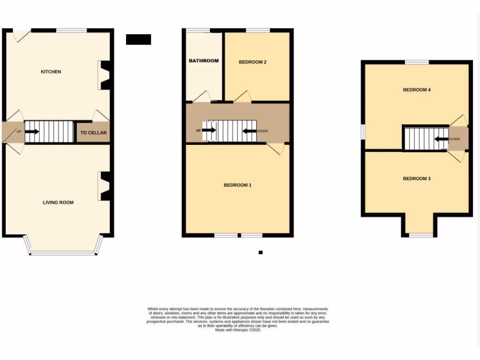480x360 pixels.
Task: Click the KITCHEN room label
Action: (x=51, y=72)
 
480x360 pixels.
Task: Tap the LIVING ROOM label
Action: (x=58, y=202)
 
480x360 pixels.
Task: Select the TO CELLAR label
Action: (x=93, y=133)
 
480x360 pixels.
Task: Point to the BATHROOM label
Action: (x=204, y=60)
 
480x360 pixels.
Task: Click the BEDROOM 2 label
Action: (x=253, y=62)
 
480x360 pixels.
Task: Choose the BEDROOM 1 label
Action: (x=238, y=185)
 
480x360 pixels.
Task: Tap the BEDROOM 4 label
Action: (x=417, y=90)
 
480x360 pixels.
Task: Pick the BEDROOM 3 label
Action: (x=417, y=179)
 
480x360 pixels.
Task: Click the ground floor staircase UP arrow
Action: (x=32, y=132)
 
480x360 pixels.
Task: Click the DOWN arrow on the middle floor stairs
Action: (x=249, y=131)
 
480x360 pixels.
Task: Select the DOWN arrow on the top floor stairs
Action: (x=441, y=139)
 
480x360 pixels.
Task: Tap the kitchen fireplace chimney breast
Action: (x=104, y=75)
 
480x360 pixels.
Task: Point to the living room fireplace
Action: (x=104, y=186)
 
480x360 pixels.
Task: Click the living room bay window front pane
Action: (x=63, y=254)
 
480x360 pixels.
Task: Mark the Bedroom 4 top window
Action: (x=417, y=62)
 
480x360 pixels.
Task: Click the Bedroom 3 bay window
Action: (x=420, y=234)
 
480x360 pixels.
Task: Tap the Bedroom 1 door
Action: (x=277, y=149)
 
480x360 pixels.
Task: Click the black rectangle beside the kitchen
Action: (x=138, y=39)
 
